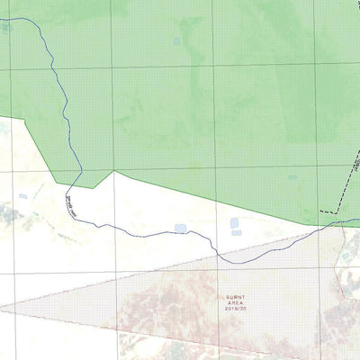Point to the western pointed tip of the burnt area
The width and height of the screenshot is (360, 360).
(x=3, y=309)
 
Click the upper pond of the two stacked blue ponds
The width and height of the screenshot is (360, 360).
(x=235, y=222)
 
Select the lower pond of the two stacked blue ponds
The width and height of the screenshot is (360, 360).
(x=237, y=233)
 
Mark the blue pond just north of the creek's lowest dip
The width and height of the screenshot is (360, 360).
(x=181, y=229)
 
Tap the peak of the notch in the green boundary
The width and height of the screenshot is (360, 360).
(x=114, y=170)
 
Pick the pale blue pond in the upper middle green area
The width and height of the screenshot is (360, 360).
(x=175, y=41)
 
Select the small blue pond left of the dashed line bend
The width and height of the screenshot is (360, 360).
(x=292, y=177)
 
